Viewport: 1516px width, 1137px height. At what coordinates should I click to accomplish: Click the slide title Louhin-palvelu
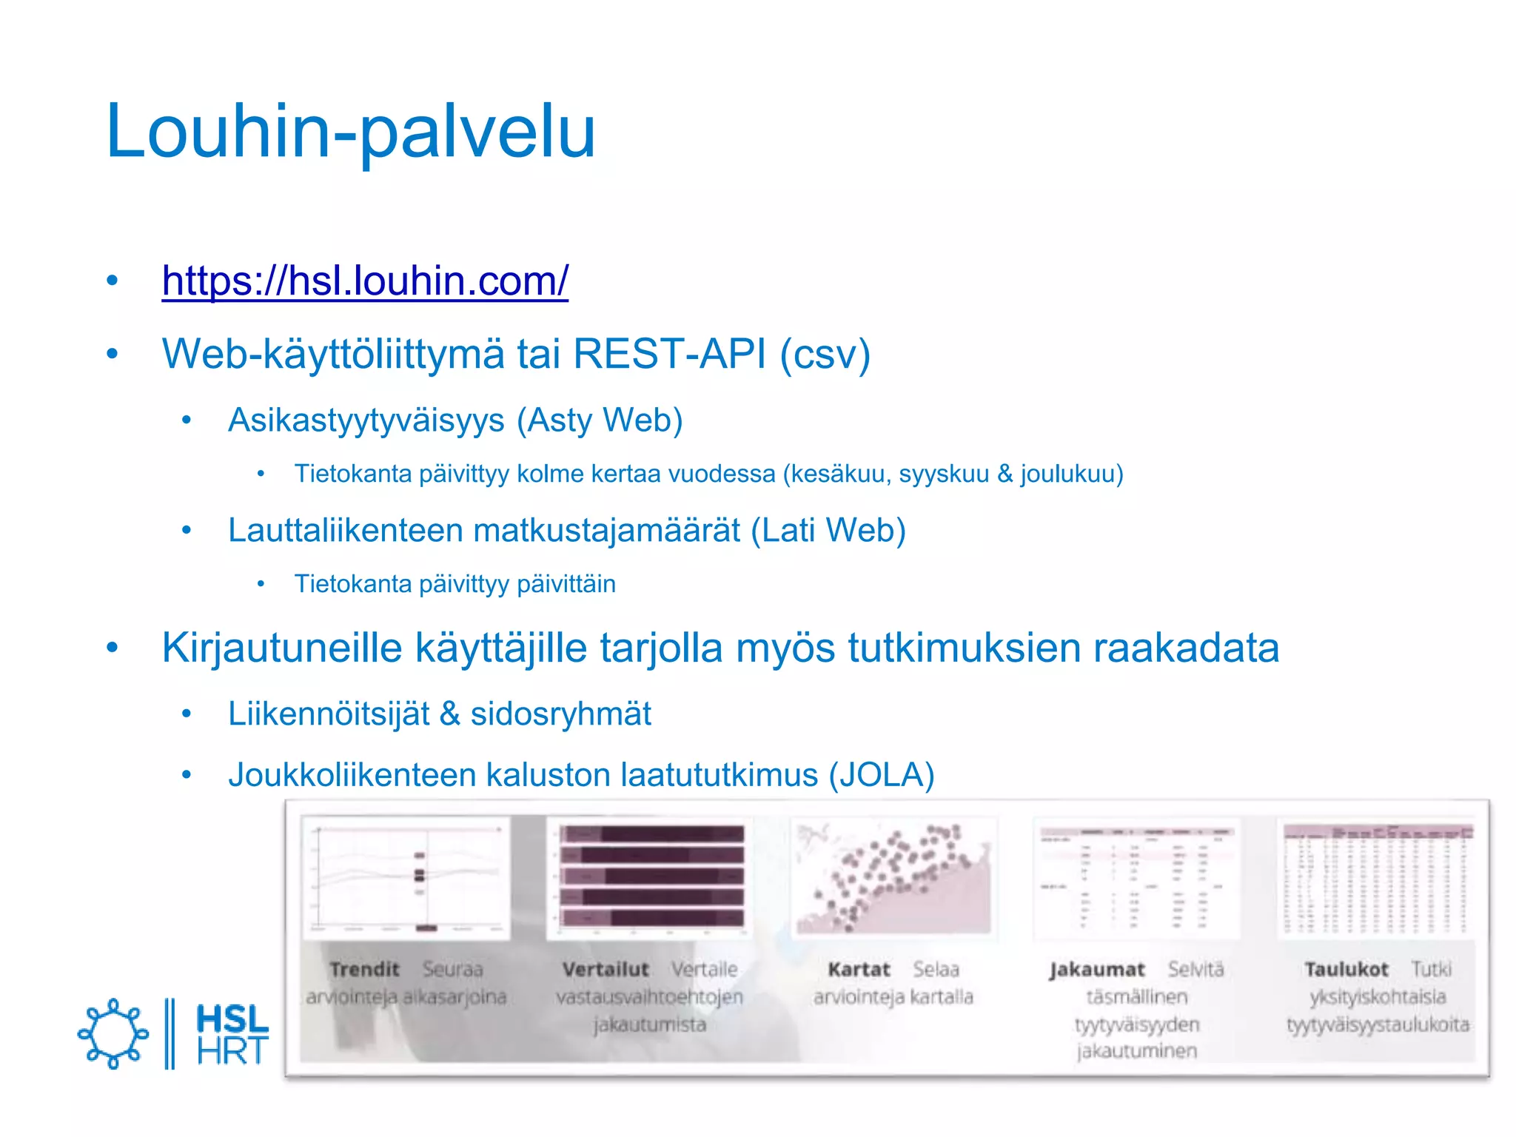click(x=350, y=132)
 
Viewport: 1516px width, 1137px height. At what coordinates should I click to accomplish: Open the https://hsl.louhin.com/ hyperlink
click(x=365, y=281)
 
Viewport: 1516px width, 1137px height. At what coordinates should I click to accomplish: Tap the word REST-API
click(x=669, y=354)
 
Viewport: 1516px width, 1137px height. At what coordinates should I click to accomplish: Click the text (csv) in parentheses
click(x=825, y=355)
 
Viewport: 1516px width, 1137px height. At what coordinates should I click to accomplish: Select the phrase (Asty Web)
click(x=600, y=420)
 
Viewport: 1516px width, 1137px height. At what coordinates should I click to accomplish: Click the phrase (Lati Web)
click(x=828, y=531)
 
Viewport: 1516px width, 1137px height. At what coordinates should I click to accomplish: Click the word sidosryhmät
click(x=561, y=714)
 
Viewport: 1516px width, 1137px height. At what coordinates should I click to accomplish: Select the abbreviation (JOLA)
click(x=882, y=775)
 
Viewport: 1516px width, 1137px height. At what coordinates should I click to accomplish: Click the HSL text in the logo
click(x=232, y=1019)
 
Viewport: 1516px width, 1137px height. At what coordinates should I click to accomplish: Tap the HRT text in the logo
click(x=232, y=1051)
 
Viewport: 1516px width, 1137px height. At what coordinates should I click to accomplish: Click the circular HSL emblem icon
click(x=113, y=1033)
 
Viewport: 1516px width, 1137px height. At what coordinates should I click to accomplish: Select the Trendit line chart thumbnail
click(x=406, y=879)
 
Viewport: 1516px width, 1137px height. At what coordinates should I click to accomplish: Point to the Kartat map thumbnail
click(x=893, y=878)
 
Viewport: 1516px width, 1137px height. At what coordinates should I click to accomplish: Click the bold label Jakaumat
click(x=1096, y=970)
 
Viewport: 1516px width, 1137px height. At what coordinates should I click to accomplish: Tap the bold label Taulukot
click(x=1346, y=970)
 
